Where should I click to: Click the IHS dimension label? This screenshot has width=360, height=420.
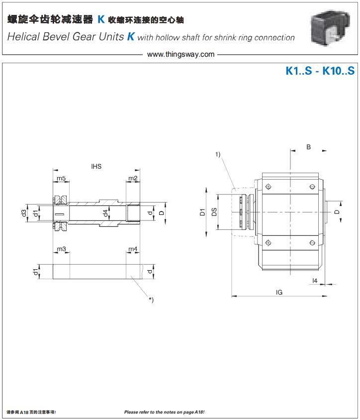coord(96,166)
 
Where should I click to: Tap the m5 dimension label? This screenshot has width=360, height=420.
coord(61,178)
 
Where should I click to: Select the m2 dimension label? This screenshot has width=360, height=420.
coord(133,178)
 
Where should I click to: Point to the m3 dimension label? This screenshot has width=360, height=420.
coord(61,249)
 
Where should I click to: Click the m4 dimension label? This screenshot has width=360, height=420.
coord(133,249)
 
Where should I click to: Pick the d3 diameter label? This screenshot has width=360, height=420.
coord(24,213)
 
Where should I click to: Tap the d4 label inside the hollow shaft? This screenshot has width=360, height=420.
coord(105,213)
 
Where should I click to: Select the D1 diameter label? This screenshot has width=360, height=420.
coord(202,212)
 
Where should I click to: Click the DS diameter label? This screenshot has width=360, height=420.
coord(214,212)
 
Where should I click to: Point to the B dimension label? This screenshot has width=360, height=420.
coord(309,147)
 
